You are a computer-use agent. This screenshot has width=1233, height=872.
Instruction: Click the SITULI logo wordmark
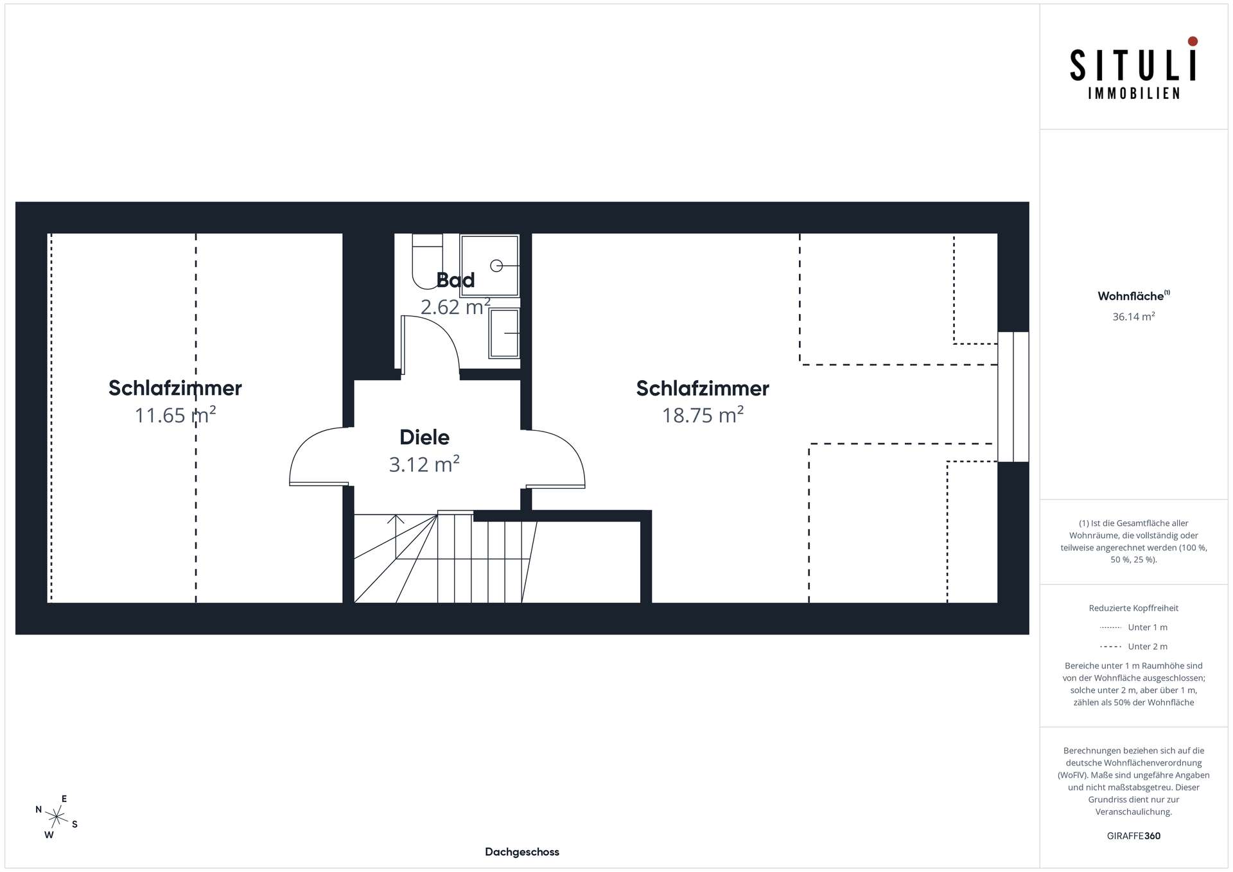[1133, 65]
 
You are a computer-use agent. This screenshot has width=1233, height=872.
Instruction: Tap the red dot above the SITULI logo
[1193, 41]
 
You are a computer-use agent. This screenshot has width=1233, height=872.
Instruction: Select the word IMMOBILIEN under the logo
[1133, 94]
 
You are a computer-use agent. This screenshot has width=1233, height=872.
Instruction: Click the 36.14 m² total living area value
[1133, 317]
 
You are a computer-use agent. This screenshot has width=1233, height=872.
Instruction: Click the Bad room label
[455, 280]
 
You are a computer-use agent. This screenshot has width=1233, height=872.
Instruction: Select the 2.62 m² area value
[455, 307]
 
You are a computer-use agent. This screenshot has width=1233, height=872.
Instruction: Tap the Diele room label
[424, 437]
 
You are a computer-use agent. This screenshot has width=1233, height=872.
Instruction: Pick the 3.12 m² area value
[424, 464]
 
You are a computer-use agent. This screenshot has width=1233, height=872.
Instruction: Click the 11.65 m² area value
[175, 415]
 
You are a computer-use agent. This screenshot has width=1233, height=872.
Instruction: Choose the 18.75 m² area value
[703, 415]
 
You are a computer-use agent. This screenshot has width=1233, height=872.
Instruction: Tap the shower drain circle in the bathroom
[496, 265]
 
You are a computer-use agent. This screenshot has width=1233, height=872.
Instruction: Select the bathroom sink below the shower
[505, 333]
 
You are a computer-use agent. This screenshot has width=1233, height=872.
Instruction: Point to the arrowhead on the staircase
[396, 519]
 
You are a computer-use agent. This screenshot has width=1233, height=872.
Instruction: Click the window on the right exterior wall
[1013, 397]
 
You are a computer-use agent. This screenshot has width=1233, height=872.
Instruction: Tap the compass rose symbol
[57, 817]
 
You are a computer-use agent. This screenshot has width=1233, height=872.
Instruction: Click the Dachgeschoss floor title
[522, 852]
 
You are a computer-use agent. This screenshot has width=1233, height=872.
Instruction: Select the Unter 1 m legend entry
[1133, 627]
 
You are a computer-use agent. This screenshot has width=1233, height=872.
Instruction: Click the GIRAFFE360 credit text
[1133, 836]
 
